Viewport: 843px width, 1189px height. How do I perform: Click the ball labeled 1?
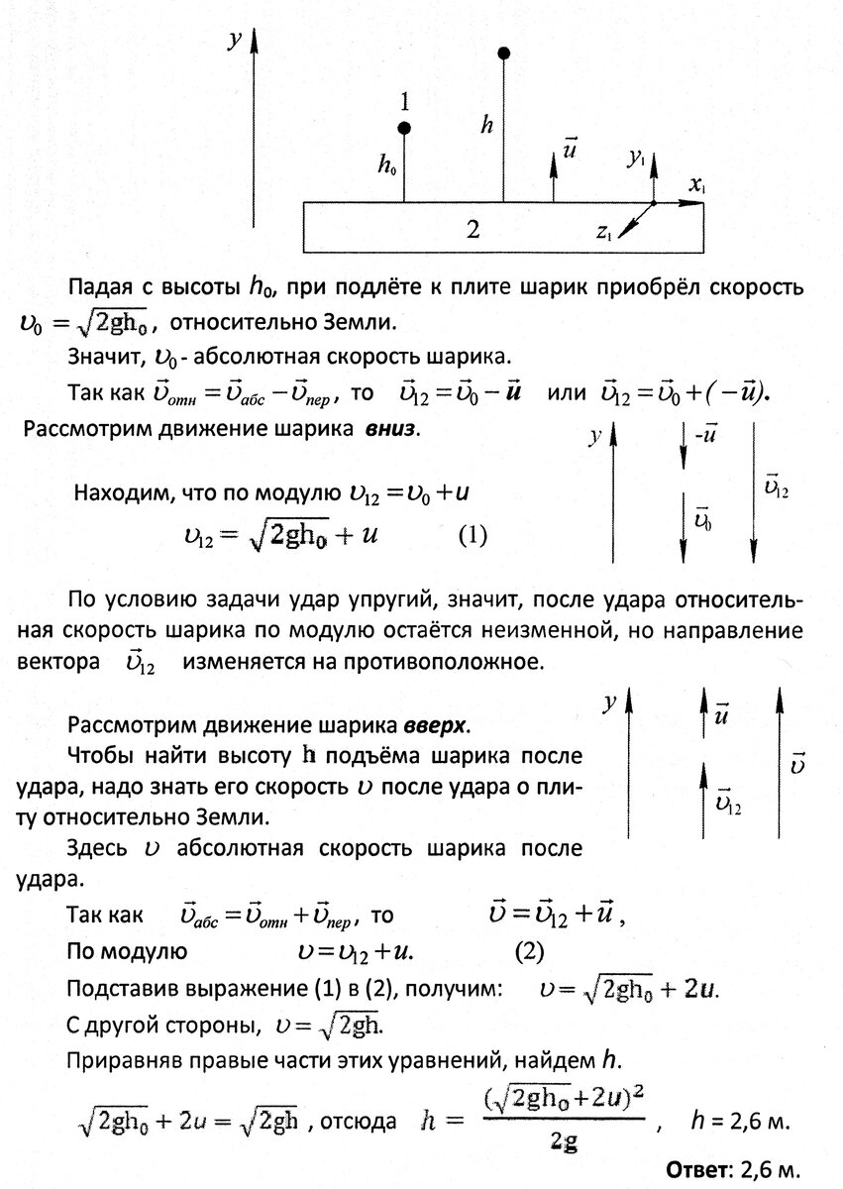point(404,128)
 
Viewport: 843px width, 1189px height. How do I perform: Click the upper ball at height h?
point(503,53)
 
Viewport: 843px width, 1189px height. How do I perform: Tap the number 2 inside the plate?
point(473,231)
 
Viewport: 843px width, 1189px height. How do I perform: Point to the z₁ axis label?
point(603,232)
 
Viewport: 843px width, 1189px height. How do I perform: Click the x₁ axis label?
point(697,185)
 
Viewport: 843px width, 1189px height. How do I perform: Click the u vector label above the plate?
point(571,148)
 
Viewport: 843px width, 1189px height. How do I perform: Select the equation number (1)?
point(473,536)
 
